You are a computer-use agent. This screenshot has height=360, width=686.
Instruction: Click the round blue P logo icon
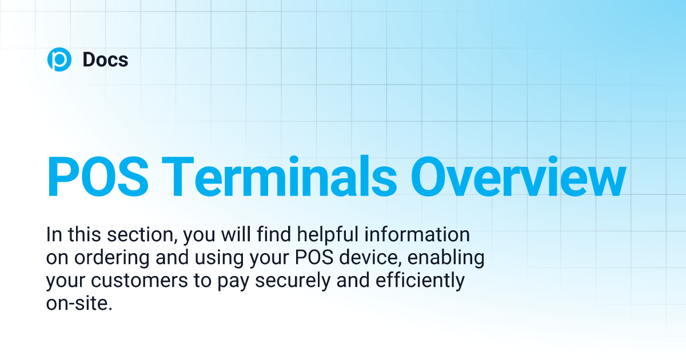click(59, 59)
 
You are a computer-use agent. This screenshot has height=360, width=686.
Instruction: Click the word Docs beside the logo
click(105, 59)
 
